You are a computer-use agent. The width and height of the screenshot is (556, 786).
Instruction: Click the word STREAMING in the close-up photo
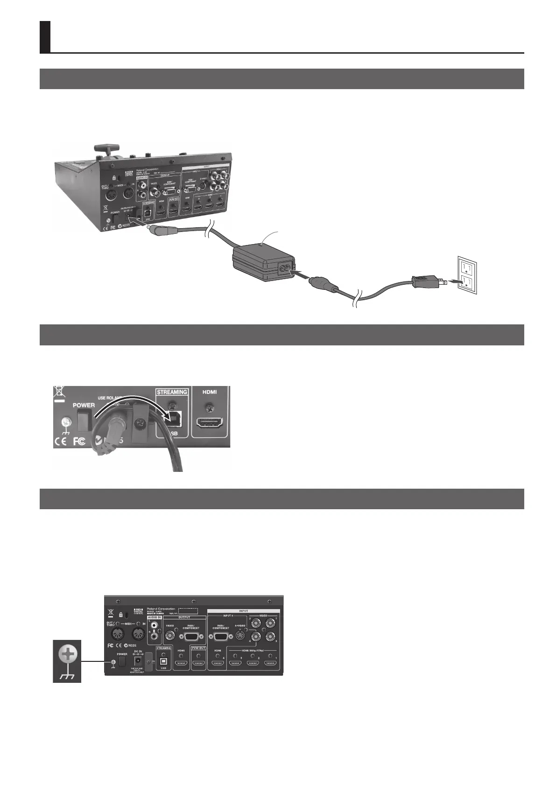coord(172,392)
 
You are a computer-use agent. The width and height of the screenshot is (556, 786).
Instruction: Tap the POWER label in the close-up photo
coord(84,405)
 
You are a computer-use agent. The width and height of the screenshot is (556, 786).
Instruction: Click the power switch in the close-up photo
coord(83,421)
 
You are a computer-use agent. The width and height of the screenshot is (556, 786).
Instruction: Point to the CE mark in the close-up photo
coord(61,442)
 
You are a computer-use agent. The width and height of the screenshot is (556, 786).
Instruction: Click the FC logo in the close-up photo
coord(80,442)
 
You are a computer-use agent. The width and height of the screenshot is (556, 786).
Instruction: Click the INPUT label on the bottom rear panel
coord(243,611)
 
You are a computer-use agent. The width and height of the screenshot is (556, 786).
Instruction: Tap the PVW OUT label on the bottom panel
coord(198,648)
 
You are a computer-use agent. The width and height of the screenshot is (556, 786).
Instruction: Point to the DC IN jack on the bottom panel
coord(138,662)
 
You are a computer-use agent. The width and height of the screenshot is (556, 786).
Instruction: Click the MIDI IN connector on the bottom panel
coord(137,634)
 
